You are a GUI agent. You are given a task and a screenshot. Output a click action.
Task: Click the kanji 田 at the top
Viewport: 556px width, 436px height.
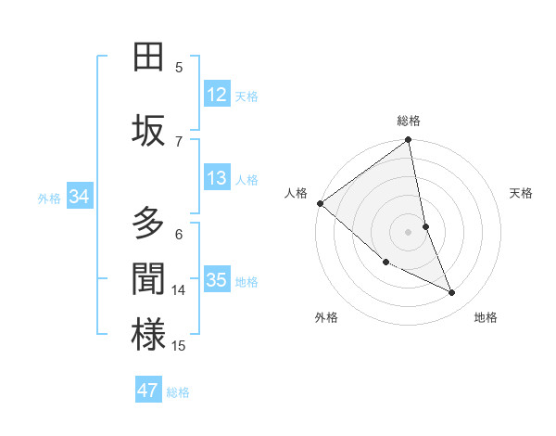click(148, 57)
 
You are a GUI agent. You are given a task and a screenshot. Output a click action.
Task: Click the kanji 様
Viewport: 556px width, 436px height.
click(148, 335)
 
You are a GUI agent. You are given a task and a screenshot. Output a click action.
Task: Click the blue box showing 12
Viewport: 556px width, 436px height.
click(217, 95)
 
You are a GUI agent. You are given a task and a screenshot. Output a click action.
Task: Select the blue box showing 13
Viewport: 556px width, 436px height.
click(217, 178)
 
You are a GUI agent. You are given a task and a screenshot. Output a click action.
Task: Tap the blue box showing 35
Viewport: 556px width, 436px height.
click(217, 280)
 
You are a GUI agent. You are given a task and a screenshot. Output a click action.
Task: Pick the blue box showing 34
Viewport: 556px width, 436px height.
click(79, 197)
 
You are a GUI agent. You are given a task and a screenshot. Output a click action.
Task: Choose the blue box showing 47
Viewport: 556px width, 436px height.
click(148, 391)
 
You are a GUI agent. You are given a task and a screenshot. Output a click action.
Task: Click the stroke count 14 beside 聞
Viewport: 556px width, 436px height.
click(179, 290)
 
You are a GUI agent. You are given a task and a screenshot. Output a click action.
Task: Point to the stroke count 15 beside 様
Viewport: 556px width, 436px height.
click(179, 346)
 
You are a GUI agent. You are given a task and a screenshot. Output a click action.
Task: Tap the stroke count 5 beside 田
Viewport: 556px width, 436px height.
click(179, 67)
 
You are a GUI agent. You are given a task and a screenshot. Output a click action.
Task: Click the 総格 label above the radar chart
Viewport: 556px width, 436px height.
click(409, 121)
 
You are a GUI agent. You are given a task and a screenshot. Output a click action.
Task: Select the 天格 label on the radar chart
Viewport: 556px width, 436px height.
click(522, 193)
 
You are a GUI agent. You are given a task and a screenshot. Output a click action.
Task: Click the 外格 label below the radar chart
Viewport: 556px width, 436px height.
click(326, 317)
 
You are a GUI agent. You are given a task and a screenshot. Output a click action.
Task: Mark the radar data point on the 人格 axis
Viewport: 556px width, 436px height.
click(320, 203)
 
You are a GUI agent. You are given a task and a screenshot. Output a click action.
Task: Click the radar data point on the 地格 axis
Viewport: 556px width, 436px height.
click(452, 293)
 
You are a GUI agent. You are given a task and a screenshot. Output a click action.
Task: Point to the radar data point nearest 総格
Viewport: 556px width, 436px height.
click(409, 141)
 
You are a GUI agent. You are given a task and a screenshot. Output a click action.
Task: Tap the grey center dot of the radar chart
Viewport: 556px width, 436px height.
click(409, 232)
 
